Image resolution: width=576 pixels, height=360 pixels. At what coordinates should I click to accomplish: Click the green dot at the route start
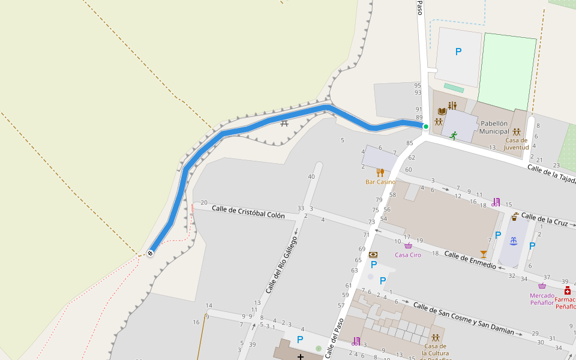[426, 127]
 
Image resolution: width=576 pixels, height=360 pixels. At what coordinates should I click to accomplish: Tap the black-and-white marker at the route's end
[150, 253]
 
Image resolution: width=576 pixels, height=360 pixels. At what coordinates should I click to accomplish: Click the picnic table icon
[284, 122]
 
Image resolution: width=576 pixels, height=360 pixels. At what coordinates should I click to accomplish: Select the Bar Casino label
[380, 182]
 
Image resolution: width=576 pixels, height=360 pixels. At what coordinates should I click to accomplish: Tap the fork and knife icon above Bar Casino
[380, 172]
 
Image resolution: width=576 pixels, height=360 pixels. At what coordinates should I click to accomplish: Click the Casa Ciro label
[407, 255]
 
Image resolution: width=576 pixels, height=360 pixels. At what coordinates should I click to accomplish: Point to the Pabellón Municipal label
[494, 127]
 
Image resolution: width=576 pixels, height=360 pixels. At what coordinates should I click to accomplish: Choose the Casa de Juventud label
[516, 143]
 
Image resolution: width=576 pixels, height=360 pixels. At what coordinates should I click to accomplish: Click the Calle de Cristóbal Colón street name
[248, 211]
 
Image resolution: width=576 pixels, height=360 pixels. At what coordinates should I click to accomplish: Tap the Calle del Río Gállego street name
[281, 265]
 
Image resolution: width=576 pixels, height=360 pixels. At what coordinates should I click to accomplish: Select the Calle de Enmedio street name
[470, 257]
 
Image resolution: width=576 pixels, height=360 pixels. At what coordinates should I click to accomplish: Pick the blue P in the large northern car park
[458, 52]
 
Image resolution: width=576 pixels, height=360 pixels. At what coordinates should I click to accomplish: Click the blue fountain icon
[513, 241]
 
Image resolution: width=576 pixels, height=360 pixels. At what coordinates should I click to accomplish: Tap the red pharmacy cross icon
[567, 290]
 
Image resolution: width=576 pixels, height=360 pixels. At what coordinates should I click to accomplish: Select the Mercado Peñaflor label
[542, 299]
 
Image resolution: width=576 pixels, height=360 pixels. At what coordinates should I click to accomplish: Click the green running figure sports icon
[454, 135]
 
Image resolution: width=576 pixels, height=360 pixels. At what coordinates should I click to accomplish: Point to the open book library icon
[442, 112]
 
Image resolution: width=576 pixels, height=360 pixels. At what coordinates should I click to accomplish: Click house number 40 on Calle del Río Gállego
[311, 176]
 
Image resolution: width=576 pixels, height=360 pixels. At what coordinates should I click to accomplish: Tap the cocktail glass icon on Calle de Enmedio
[484, 254]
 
